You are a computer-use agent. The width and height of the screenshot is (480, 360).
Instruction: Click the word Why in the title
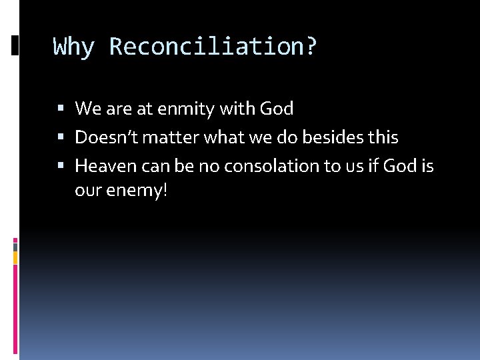[x=74, y=47]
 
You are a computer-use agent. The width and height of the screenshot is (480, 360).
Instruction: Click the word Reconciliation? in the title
[x=213, y=47]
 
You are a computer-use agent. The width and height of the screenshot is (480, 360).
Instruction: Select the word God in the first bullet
[x=277, y=109]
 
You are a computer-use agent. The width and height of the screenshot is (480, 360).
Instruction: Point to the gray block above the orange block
[x=15, y=246]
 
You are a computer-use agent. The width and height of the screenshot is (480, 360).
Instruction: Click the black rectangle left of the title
[x=15, y=45]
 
